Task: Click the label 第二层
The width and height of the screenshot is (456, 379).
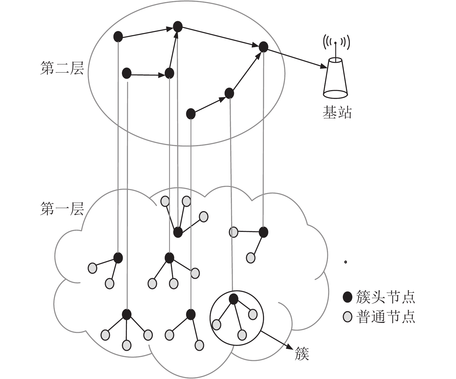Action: pos(62,68)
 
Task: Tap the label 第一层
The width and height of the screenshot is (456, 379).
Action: pos(62,209)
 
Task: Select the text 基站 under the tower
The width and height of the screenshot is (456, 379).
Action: pos(337,113)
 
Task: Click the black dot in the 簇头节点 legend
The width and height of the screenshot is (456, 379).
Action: pos(347,297)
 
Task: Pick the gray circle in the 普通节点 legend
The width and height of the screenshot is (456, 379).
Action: pos(347,317)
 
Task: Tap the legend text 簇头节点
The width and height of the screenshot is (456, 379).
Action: pos(385,297)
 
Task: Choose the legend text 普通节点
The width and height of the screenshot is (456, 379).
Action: pos(385,317)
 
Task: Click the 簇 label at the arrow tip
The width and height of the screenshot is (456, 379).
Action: pos(302,360)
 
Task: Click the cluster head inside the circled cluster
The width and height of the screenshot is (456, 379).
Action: pos(233,299)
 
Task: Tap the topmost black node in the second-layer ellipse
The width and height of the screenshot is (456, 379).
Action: pos(178,27)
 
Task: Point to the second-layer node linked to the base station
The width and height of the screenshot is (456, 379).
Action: pos(263,47)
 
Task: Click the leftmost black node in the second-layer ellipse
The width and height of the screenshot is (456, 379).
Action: pos(118,36)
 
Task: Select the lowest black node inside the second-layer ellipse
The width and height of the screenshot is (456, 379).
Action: pos(191,114)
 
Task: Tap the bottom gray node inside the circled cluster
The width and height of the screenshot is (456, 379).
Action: pos(242,335)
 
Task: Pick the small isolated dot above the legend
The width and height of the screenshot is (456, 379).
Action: pos(345,262)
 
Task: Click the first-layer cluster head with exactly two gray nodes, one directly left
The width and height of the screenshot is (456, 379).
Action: pos(263,232)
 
